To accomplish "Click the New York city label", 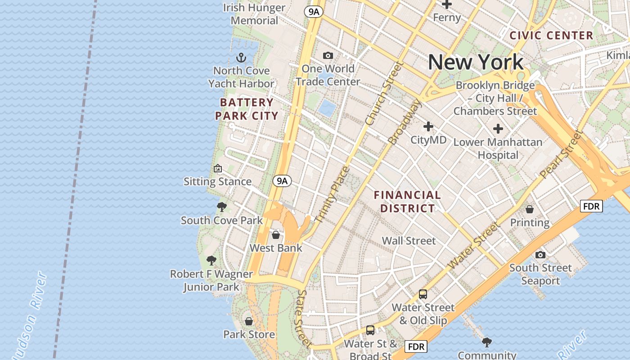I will [x=476, y=62].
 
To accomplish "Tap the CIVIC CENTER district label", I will [x=551, y=36].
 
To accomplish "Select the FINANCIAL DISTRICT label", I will [x=407, y=202].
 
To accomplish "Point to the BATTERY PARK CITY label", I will [x=246, y=109].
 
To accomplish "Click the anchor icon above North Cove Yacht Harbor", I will [x=242, y=58].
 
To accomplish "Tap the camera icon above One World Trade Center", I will [x=328, y=55].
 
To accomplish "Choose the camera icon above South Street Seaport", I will [x=540, y=255].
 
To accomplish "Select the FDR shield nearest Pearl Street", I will [x=591, y=206].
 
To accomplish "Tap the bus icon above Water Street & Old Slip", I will [x=423, y=294].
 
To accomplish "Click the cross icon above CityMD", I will [x=428, y=126].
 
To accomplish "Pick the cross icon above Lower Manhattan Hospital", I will [x=498, y=129].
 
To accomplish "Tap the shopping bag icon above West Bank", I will [x=276, y=235].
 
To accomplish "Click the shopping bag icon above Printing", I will [x=530, y=209].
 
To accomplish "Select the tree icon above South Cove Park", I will [x=221, y=207].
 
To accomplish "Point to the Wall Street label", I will [x=409, y=241].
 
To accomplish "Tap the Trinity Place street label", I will [x=333, y=194].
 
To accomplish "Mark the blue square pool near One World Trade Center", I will [x=326, y=108].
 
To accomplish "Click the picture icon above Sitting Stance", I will [x=218, y=168].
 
